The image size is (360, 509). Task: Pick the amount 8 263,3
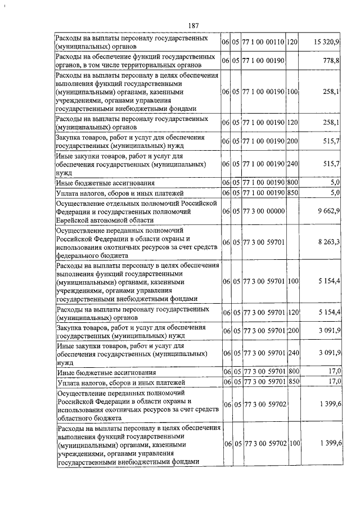328,241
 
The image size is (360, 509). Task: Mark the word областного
78,418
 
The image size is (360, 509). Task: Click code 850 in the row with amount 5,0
292,193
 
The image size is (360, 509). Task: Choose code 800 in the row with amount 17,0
292,372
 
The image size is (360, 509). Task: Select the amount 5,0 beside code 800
335,183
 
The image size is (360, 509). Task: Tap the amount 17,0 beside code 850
334,382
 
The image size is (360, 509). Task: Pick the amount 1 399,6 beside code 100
328,444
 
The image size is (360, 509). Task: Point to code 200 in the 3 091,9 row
292,331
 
